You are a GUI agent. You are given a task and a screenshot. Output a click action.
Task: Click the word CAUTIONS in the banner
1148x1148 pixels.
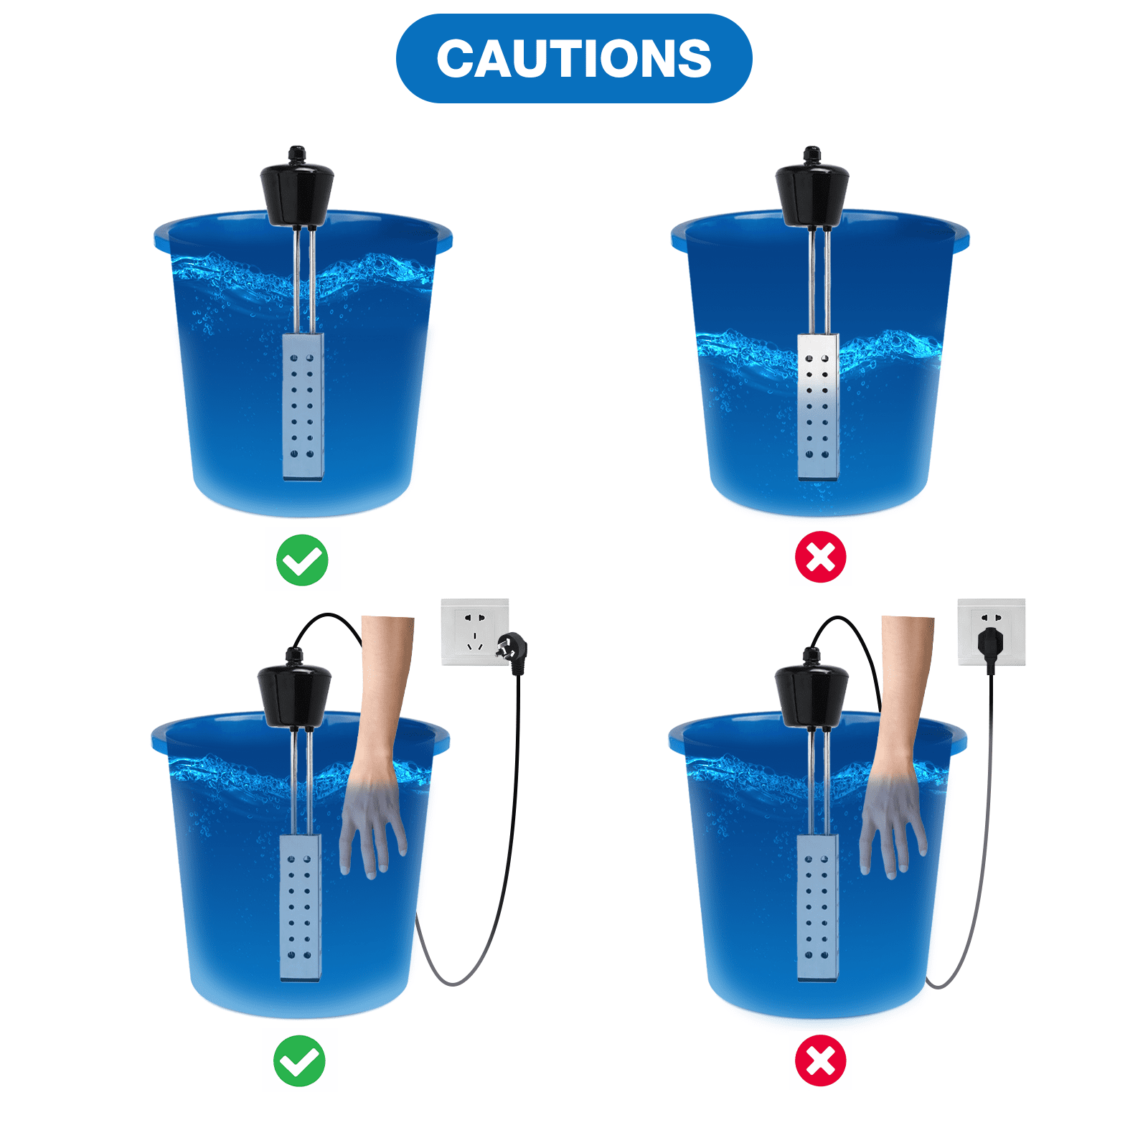pyautogui.click(x=574, y=59)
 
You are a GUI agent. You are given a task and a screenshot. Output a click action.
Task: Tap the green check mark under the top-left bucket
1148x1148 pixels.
pyautogui.click(x=302, y=560)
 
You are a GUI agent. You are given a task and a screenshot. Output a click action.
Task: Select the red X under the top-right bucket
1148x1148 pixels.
pyautogui.click(x=820, y=557)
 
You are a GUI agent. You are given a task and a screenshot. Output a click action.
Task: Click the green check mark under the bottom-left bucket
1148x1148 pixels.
pyautogui.click(x=299, y=1060)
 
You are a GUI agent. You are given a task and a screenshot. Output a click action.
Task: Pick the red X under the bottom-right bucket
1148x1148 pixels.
pyautogui.click(x=820, y=1060)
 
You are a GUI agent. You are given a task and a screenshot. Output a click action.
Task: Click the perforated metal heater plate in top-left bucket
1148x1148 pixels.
pyautogui.click(x=302, y=405)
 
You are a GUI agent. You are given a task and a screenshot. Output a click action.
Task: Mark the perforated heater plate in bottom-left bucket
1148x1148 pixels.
pyautogui.click(x=300, y=907)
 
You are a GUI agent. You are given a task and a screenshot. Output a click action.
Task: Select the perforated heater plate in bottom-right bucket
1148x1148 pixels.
pyautogui.click(x=817, y=907)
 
